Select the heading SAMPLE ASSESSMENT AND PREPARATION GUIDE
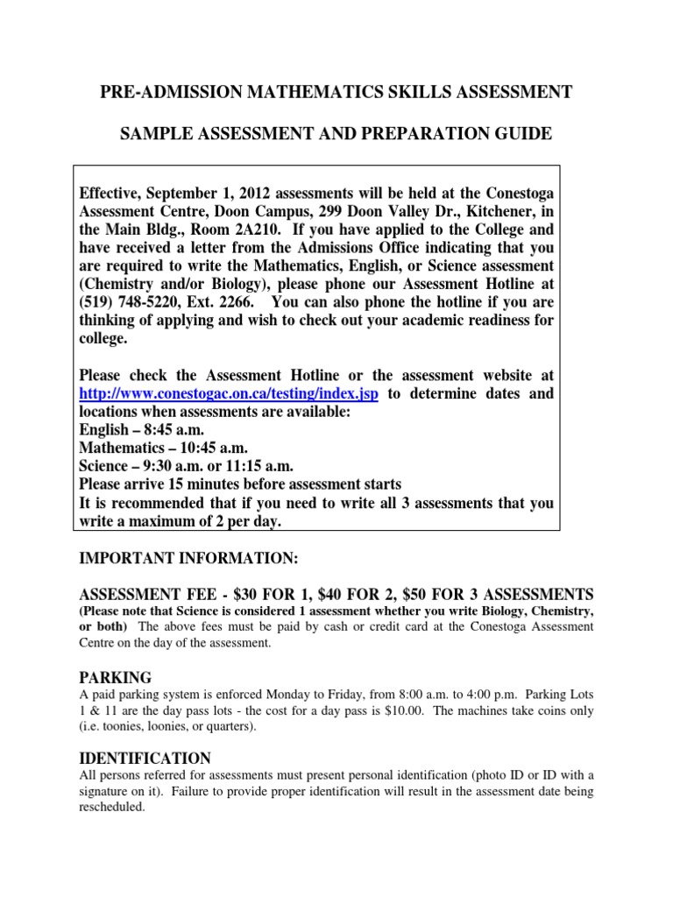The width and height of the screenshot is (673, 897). (x=336, y=134)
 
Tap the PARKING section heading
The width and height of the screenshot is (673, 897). (x=116, y=677)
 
